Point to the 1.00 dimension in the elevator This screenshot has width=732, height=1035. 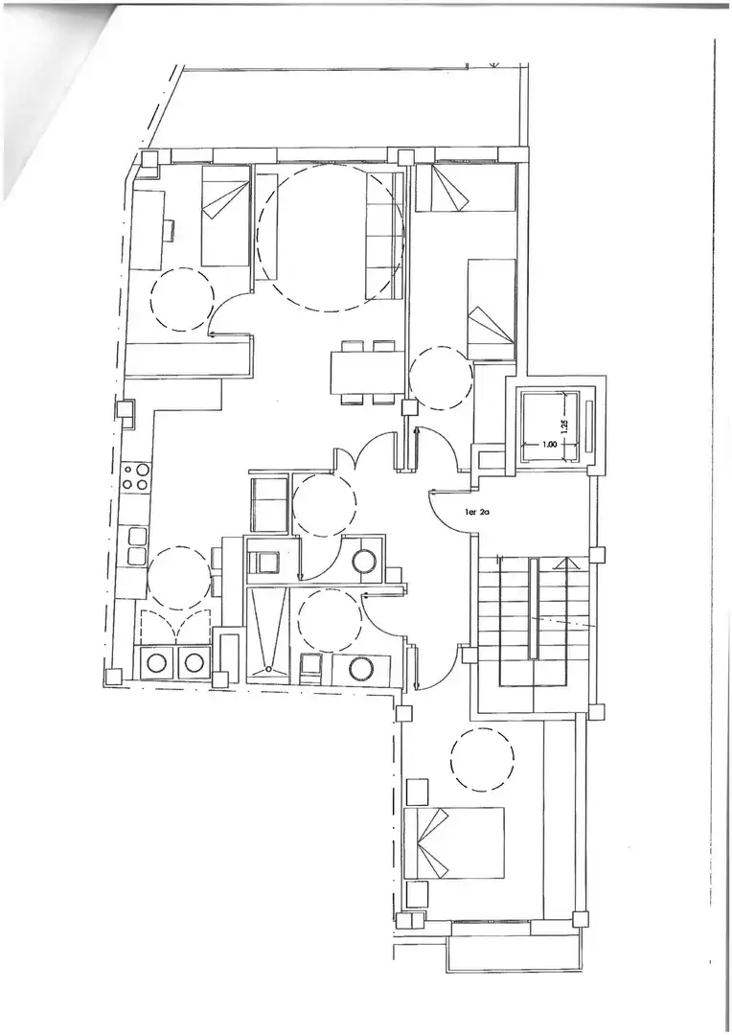pos(549,445)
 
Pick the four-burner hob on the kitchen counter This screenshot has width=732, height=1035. pos(136,476)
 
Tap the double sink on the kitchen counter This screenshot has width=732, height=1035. pos(137,546)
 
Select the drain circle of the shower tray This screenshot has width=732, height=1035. pos(269,668)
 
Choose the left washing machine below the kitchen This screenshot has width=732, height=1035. pos(158,663)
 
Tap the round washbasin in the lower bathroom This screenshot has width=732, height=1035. pos(359,668)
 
